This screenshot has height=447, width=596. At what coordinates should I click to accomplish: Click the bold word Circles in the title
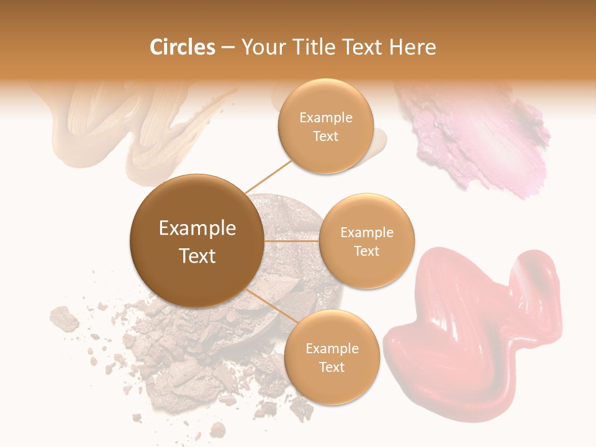(x=183, y=47)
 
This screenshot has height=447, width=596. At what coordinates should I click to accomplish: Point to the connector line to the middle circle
(x=291, y=241)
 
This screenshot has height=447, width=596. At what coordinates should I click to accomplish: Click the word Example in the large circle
(x=197, y=228)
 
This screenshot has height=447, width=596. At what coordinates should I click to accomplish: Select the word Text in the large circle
(x=197, y=256)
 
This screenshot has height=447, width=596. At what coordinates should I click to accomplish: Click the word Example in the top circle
(x=325, y=118)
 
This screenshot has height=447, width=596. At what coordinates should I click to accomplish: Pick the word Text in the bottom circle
(x=332, y=368)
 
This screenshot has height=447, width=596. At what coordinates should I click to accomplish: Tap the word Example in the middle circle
(x=366, y=233)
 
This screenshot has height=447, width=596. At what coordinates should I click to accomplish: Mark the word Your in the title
(x=260, y=47)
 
